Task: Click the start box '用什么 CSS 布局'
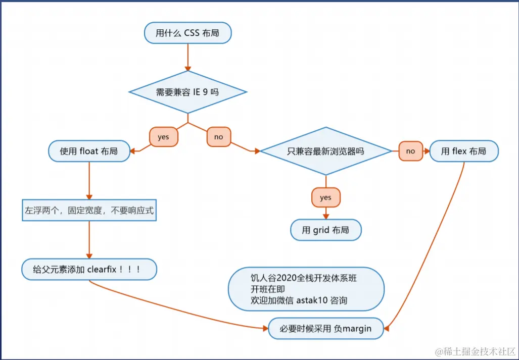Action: pyautogui.click(x=187, y=33)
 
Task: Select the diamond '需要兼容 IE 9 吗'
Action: pyautogui.click(x=187, y=92)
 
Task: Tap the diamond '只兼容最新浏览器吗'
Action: pyautogui.click(x=325, y=151)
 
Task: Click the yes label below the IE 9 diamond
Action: pyautogui.click(x=164, y=137)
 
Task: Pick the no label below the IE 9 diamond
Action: pyautogui.click(x=219, y=137)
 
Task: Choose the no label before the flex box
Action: pyautogui.click(x=410, y=151)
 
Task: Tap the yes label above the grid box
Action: pyautogui.click(x=325, y=197)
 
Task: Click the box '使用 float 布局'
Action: pyautogui.click(x=89, y=151)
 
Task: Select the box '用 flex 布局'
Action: pyautogui.click(x=464, y=151)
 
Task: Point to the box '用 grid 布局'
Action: pyautogui.click(x=325, y=230)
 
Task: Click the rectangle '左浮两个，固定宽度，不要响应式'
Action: pyautogui.click(x=89, y=210)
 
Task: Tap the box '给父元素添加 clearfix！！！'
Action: pyautogui.click(x=89, y=270)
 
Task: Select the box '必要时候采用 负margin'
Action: pyautogui.click(x=325, y=329)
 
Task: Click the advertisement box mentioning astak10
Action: pyautogui.click(x=306, y=289)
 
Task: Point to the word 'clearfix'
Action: pyautogui.click(x=102, y=270)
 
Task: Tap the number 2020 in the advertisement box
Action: pyautogui.click(x=285, y=278)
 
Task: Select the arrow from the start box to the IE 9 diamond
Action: pyautogui.click(x=187, y=57)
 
